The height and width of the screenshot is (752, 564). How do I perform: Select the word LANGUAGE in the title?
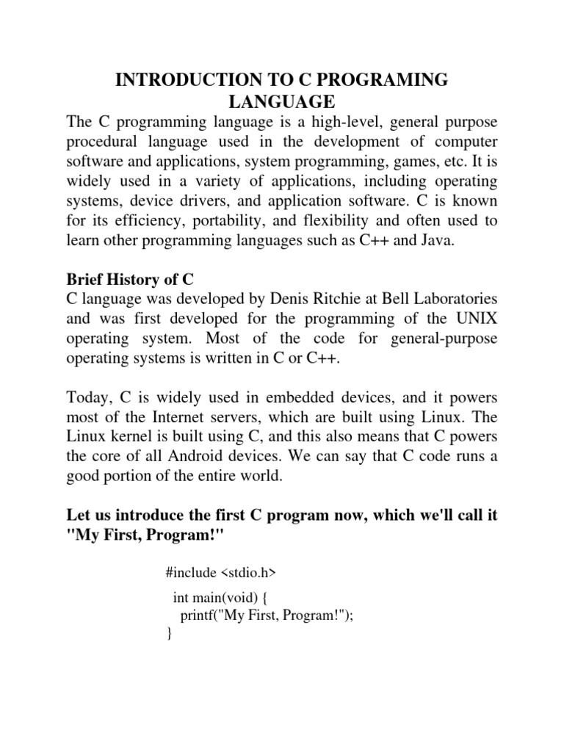click(x=282, y=101)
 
